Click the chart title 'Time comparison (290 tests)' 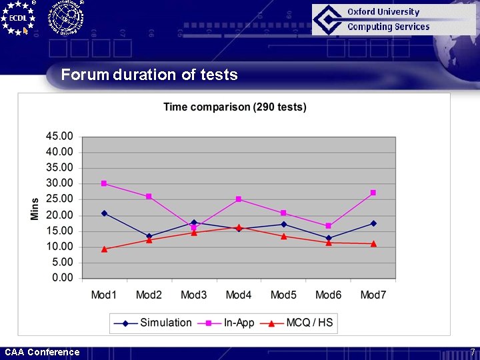(235, 107)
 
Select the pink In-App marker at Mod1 (104, 183)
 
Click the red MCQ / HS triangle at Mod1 (104, 249)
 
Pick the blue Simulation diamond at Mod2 (149, 236)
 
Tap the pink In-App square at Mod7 (373, 193)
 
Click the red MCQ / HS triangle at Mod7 (373, 243)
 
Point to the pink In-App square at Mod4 (239, 199)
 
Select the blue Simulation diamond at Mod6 (329, 238)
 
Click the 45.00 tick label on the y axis (59, 136)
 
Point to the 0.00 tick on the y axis (62, 278)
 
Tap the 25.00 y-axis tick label (59, 199)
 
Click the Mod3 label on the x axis (194, 295)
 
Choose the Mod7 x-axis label (373, 295)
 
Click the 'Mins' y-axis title (35, 207)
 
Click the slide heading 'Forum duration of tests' (149, 75)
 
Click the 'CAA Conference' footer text (42, 352)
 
